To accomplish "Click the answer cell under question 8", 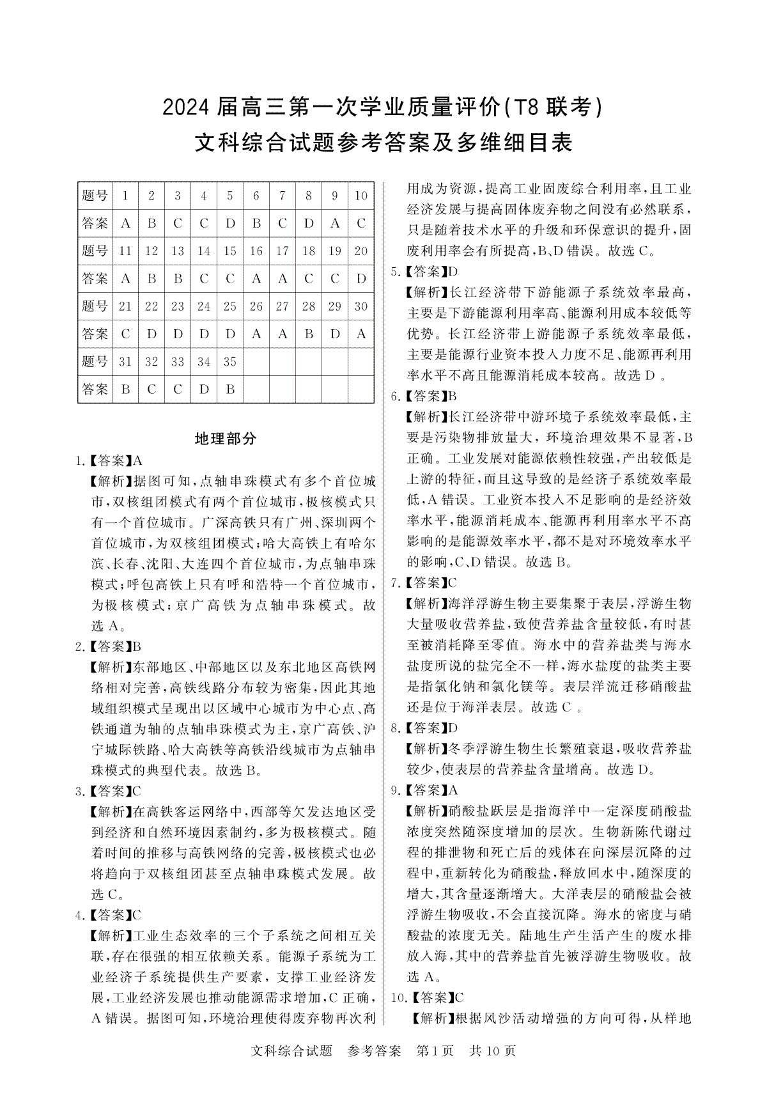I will click(309, 223).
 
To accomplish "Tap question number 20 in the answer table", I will click(361, 251).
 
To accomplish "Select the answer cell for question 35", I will click(230, 389).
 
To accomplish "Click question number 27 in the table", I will click(283, 306).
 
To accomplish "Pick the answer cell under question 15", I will click(230, 279).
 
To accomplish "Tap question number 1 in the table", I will click(125, 196).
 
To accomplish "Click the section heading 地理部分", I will click(225, 439).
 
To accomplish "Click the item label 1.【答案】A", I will click(109, 460).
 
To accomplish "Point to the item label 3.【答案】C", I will click(109, 792).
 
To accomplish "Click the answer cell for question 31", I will click(125, 389).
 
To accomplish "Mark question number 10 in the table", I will click(361, 196).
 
